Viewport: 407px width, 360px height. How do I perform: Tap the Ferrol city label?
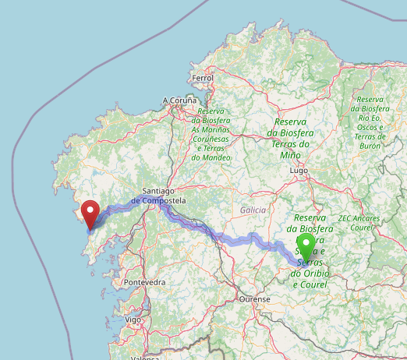[202, 79]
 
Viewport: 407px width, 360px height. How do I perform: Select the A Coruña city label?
[180, 101]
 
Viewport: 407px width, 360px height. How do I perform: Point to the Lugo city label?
[299, 170]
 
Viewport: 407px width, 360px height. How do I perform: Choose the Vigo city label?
[133, 319]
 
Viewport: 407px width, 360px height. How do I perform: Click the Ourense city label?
[255, 299]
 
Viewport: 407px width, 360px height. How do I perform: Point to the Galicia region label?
[253, 210]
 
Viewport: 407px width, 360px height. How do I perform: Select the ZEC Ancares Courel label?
[359, 223]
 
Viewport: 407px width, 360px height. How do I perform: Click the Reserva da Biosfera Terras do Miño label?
[289, 138]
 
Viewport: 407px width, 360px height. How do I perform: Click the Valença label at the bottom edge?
[143, 358]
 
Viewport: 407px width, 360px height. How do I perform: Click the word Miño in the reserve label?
[289, 155]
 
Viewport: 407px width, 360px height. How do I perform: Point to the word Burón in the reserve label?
[373, 146]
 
